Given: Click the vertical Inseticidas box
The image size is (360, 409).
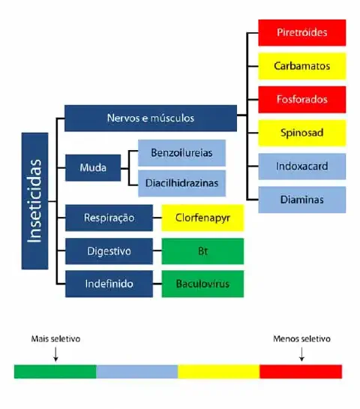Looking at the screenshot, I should click(x=35, y=200).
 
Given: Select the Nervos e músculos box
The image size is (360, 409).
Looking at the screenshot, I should click(x=150, y=118).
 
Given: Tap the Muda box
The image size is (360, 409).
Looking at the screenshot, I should click(x=93, y=167).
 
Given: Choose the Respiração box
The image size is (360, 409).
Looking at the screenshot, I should click(x=109, y=218).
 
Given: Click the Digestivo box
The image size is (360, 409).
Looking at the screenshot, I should click(x=109, y=251).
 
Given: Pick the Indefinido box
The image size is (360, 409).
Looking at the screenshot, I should click(x=109, y=284).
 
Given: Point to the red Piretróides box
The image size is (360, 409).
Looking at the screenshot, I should click(x=302, y=33).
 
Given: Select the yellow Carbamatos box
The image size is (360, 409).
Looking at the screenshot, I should click(x=302, y=66).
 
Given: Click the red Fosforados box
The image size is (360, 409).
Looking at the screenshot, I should click(x=302, y=99).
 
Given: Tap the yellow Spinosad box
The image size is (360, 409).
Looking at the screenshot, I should click(x=302, y=132).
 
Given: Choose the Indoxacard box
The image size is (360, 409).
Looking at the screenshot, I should click(x=302, y=166).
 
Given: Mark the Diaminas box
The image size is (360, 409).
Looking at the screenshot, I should click(x=302, y=200).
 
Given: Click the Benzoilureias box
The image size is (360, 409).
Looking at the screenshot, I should click(x=181, y=152).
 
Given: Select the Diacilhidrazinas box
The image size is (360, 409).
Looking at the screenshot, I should click(x=181, y=182).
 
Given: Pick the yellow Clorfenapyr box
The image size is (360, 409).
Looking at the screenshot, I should click(x=202, y=218).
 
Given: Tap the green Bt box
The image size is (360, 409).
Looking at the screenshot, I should click(x=202, y=251).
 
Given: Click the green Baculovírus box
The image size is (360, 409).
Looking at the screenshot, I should click(x=202, y=284).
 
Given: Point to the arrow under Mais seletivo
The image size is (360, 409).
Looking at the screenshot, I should click(x=56, y=354).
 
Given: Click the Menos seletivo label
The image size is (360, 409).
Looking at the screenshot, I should click(x=301, y=338).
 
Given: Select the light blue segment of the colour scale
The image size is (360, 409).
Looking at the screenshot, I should click(x=137, y=371).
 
